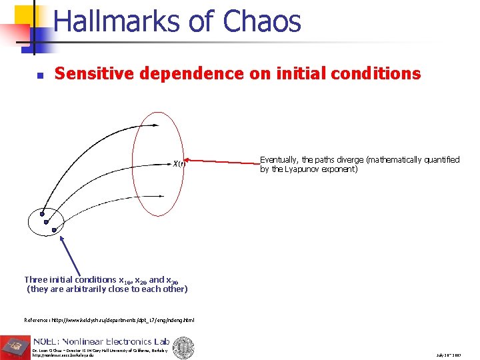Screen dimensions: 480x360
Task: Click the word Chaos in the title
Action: click(x=262, y=21)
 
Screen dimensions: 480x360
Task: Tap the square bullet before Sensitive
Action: click(x=40, y=75)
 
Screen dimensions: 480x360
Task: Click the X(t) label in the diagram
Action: click(x=179, y=163)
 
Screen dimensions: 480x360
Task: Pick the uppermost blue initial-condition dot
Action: click(x=43, y=214)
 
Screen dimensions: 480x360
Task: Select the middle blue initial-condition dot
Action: click(x=46, y=222)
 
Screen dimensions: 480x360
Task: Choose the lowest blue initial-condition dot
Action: click(x=53, y=230)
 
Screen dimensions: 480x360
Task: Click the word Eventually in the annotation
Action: click(x=278, y=160)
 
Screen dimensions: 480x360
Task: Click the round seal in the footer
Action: click(x=184, y=347)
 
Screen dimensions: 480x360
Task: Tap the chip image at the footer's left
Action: click(x=15, y=346)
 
